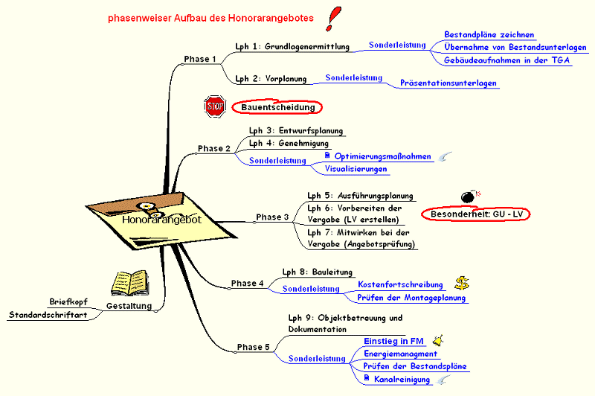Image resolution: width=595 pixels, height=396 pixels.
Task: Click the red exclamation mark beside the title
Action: pyautogui.click(x=329, y=18)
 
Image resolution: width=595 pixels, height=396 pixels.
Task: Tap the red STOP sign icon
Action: pyautogui.click(x=214, y=106)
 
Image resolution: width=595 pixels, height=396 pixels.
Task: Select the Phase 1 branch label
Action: pyautogui.click(x=200, y=59)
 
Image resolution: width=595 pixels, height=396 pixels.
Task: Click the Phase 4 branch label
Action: pyautogui.click(x=247, y=283)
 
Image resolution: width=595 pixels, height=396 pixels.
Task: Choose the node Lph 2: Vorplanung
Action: pyautogui.click(x=267, y=78)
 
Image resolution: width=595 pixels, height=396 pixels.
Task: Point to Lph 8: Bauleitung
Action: pyautogui.click(x=317, y=272)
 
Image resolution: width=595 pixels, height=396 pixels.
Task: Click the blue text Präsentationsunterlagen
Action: pyautogui.click(x=448, y=83)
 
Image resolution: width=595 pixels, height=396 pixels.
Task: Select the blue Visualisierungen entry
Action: pyautogui.click(x=356, y=169)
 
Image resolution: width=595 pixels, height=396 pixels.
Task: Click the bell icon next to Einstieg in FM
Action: pyautogui.click(x=440, y=340)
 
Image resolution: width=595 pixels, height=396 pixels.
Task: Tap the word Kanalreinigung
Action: pyautogui.click(x=402, y=380)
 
